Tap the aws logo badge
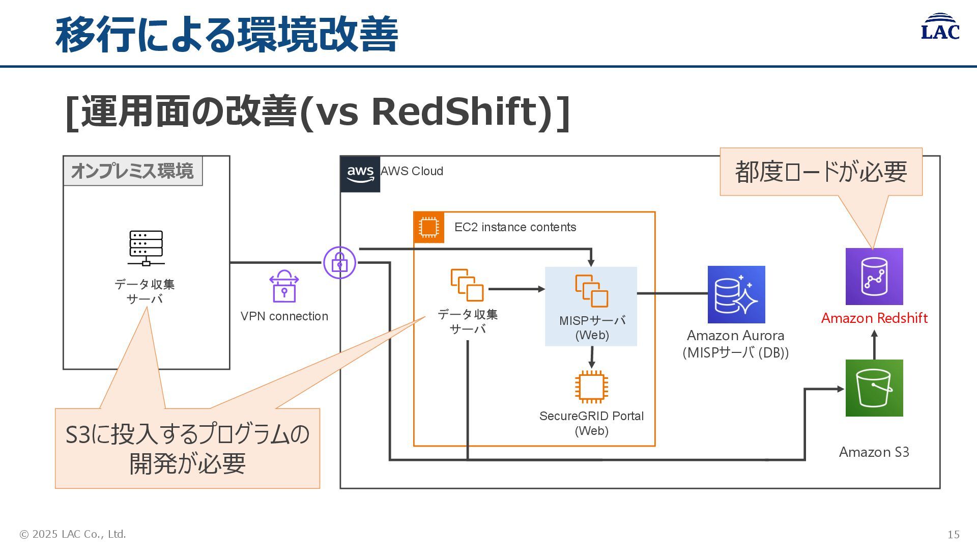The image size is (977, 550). pyautogui.click(x=360, y=174)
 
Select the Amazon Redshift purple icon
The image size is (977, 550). pyautogui.click(x=874, y=277)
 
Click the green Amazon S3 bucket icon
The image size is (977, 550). pyautogui.click(x=874, y=388)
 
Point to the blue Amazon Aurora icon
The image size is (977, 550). pyautogui.click(x=736, y=294)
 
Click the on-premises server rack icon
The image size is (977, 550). pyautogui.click(x=146, y=248)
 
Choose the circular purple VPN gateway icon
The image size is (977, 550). pyautogui.click(x=339, y=263)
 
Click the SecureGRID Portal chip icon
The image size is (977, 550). pyautogui.click(x=591, y=387)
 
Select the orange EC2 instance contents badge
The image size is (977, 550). pyautogui.click(x=428, y=227)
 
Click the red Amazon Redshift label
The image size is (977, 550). pyautogui.click(x=874, y=318)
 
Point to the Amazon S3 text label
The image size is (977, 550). pyautogui.click(x=874, y=452)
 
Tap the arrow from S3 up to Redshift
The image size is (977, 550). pyautogui.click(x=874, y=345)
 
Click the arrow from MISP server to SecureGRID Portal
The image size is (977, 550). pyautogui.click(x=591, y=358)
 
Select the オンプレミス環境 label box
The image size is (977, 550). pyautogui.click(x=132, y=171)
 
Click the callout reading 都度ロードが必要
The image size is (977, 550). pyautogui.click(x=821, y=172)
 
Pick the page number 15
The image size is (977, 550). pyautogui.click(x=953, y=535)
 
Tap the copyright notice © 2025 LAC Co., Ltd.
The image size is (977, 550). pyautogui.click(x=73, y=534)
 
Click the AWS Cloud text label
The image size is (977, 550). pyautogui.click(x=412, y=171)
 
